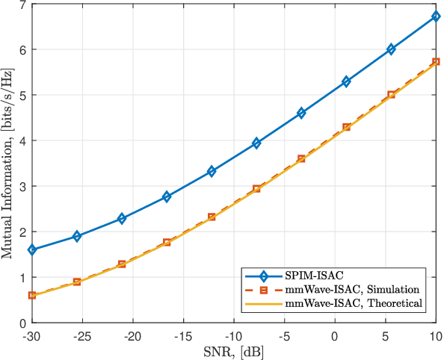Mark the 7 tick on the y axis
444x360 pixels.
coord(22,5)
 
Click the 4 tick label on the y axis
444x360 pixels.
coord(22,141)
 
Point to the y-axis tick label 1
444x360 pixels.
coord(22,278)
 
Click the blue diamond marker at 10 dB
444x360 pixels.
coord(436,16)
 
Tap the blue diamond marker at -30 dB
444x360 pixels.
coord(32,250)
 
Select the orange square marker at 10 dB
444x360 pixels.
coord(436,62)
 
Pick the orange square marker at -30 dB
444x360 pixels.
coord(32,295)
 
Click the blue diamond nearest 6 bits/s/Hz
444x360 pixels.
coord(391,49)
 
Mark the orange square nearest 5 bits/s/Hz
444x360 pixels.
coord(391,95)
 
